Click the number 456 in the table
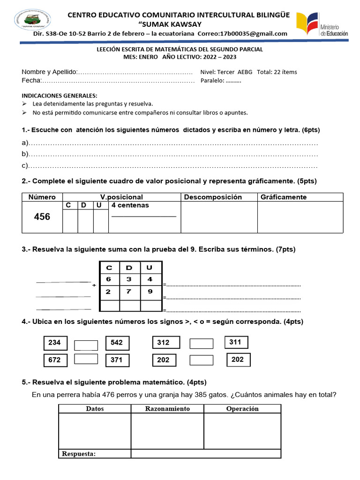[42, 217]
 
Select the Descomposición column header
[213, 197]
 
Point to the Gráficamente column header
[284, 197]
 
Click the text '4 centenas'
[130, 205]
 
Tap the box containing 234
[55, 343]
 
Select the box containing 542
[117, 343]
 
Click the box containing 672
[55, 360]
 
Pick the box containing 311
[236, 342]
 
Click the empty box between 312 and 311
[201, 344]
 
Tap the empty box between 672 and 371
[86, 359]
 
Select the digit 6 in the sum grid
[109, 279]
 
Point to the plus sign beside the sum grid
[94, 285]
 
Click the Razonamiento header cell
[167, 409]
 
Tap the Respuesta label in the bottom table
[79, 453]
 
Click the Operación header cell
[242, 409]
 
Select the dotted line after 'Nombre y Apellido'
[135, 72]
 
